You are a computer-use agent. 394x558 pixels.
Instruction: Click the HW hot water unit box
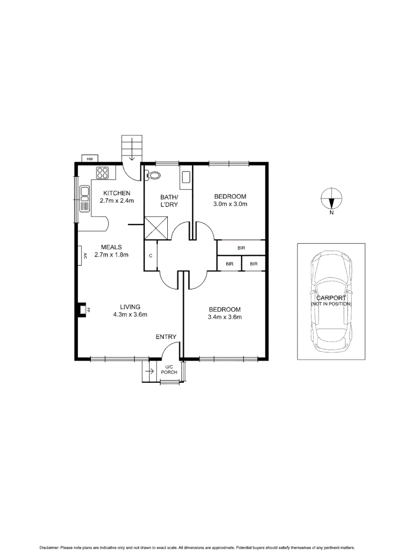point(90,159)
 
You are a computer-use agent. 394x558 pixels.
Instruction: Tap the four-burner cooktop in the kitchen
point(102,174)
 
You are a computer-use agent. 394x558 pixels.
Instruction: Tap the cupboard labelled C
point(150,256)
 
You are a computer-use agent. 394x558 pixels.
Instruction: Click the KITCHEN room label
point(117,193)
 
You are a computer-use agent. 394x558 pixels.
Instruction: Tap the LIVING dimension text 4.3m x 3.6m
point(131,314)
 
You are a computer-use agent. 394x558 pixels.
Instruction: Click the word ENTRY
point(166,337)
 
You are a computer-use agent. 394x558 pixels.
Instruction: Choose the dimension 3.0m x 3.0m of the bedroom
point(230,204)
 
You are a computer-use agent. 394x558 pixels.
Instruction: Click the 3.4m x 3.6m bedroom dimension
point(224,317)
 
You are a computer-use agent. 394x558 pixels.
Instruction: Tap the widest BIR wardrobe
point(241,248)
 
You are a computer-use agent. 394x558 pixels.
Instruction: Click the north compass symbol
point(331,198)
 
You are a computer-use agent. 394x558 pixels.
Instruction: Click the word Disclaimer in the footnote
point(49,547)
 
